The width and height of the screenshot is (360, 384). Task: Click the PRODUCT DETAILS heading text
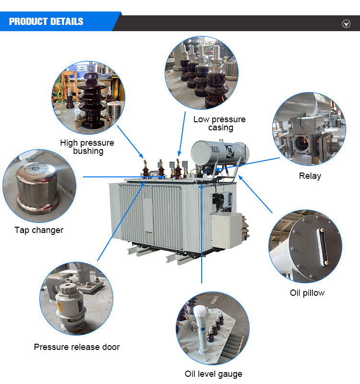(x=46, y=22)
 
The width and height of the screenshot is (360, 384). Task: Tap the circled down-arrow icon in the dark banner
(x=346, y=24)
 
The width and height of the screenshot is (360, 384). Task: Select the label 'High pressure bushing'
(x=87, y=147)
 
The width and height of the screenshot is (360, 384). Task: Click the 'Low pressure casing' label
(x=219, y=123)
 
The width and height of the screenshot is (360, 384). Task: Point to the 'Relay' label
(x=310, y=176)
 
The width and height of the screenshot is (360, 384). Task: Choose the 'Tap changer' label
(x=39, y=230)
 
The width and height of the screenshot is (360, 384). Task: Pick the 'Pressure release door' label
(x=77, y=347)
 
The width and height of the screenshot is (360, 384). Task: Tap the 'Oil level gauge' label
(x=213, y=374)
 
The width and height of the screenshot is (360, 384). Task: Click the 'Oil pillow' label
(x=307, y=293)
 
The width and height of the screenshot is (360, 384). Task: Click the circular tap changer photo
(x=39, y=186)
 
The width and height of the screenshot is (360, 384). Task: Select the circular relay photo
(x=309, y=129)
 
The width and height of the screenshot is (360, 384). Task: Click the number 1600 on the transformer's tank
(x=215, y=149)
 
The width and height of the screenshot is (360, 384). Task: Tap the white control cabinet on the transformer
(x=227, y=231)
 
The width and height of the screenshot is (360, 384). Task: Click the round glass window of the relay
(x=301, y=143)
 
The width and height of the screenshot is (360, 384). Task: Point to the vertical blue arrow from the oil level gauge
(x=201, y=234)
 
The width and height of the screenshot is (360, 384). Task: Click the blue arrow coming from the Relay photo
(x=247, y=164)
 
